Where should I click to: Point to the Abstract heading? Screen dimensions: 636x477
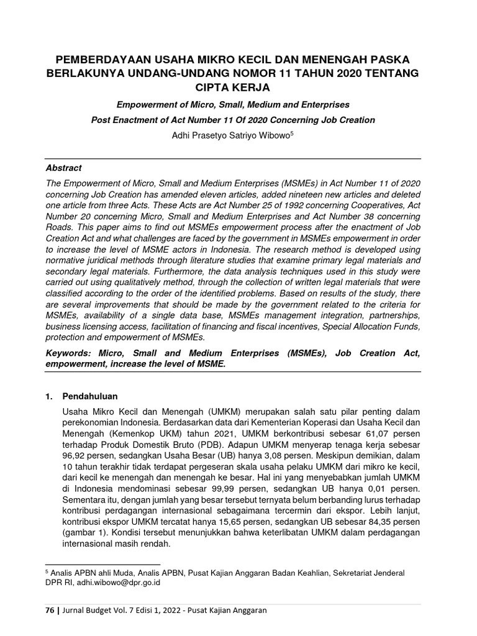(x=64, y=168)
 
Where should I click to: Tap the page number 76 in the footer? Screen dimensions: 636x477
(x=50, y=611)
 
